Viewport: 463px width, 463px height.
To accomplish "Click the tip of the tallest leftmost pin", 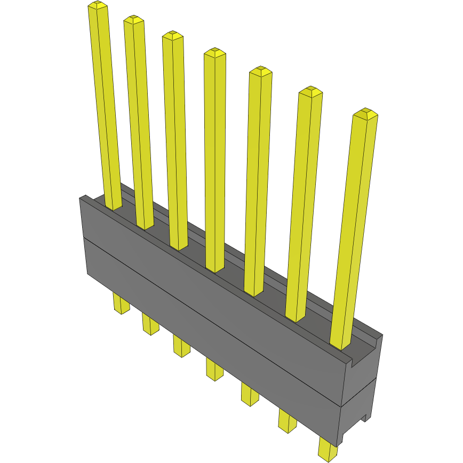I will click(x=98, y=6).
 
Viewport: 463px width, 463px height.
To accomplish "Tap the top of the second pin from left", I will click(x=134, y=20).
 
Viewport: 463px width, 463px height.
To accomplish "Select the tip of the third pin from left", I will click(x=173, y=36).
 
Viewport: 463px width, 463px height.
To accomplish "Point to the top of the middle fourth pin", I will click(x=214, y=52).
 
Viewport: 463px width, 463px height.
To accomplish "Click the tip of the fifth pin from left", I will click(x=260, y=71).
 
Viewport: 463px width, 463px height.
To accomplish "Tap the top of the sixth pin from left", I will click(x=310, y=91).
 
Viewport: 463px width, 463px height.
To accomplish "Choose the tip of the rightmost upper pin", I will click(x=365, y=114).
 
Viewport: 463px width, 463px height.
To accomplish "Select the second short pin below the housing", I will click(x=150, y=324).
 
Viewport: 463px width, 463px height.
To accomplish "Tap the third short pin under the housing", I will click(x=181, y=345).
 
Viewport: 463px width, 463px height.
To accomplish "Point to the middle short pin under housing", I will click(x=214, y=369).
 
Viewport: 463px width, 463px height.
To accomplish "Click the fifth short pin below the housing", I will click(x=249, y=393).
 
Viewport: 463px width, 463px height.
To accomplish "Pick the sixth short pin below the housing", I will click(x=287, y=419).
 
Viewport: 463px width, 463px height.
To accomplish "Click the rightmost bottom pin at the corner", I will click(x=328, y=449).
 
